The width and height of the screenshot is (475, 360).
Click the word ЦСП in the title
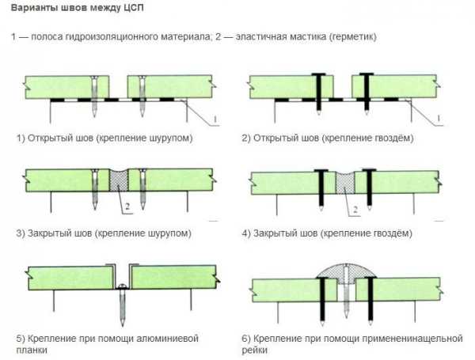[133, 8]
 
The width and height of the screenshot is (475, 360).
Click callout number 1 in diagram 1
[215, 119]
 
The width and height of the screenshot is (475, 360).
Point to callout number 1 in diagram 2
[439, 119]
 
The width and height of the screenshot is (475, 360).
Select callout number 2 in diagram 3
[127, 207]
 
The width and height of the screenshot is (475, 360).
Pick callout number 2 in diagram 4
[355, 210]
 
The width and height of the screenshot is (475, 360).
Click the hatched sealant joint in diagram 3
[119, 181]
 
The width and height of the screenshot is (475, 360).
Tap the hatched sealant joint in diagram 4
[345, 183]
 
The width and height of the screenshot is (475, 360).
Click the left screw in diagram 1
[95, 97]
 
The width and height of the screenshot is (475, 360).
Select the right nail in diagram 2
[367, 94]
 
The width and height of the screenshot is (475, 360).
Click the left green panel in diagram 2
[291, 87]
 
